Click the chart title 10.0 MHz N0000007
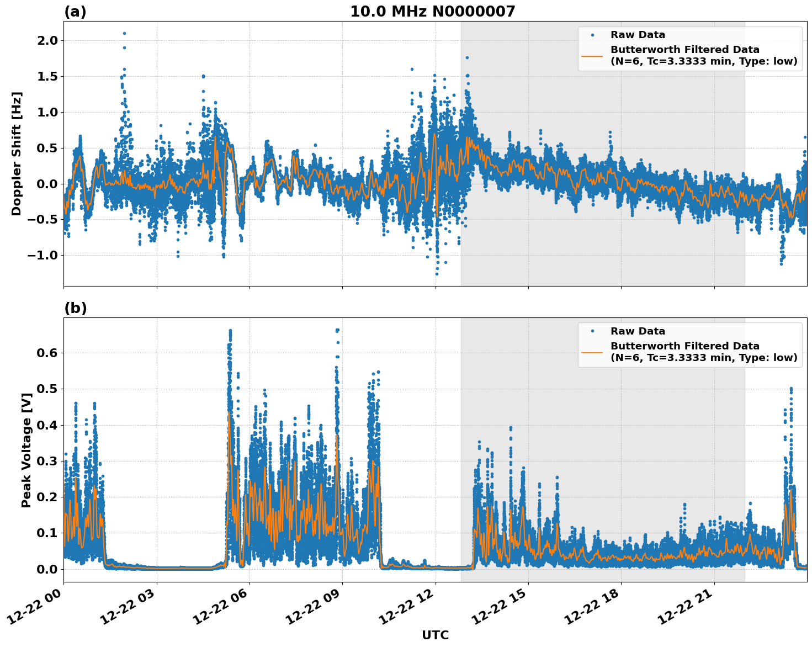tap(432, 12)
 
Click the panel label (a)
tap(75, 12)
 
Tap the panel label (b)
tap(75, 308)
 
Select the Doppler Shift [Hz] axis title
tap(17, 153)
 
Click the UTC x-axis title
tap(435, 635)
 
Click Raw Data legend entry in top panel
tap(638, 35)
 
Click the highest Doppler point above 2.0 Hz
tap(124, 33)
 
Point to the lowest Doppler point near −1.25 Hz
tap(437, 274)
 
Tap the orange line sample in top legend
tap(593, 55)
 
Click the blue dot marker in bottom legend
tap(592, 331)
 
